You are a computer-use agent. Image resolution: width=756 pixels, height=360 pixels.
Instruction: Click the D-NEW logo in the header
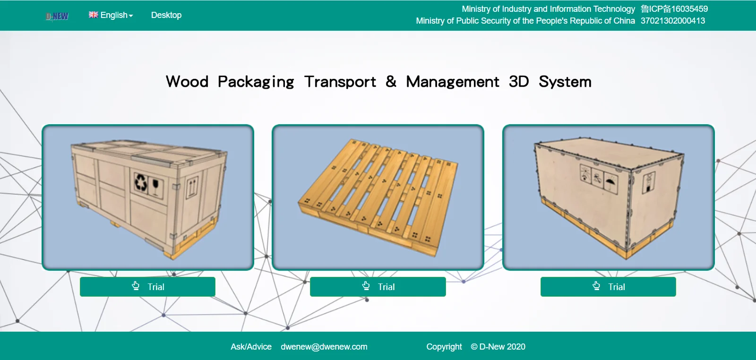pos(57,16)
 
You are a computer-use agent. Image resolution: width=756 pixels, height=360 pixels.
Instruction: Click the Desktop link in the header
pos(166,15)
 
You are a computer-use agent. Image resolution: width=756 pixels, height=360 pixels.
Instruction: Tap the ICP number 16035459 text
pos(674,9)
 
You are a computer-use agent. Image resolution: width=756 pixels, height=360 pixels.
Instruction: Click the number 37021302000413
pos(672,21)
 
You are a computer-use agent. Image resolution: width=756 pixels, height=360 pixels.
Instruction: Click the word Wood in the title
pos(187,82)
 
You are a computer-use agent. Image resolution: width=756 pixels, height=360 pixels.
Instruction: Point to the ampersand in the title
pos(391,81)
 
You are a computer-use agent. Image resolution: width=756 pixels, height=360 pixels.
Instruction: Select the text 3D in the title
pos(518,82)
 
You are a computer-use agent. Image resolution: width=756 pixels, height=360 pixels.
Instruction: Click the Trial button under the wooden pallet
pos(378,287)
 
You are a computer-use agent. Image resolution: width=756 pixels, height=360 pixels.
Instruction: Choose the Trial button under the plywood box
pos(608,287)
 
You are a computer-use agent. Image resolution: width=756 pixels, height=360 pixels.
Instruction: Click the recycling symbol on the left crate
pos(141,182)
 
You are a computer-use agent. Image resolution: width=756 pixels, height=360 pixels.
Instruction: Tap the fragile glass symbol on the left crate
pos(155,186)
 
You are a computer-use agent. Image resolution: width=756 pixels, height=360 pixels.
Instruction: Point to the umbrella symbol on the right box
pos(611,181)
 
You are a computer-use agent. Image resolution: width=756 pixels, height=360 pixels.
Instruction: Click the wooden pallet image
pos(378,197)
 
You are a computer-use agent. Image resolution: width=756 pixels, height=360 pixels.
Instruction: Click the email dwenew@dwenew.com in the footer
pos(324,347)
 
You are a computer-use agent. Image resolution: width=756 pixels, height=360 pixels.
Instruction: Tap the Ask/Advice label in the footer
pos(251,347)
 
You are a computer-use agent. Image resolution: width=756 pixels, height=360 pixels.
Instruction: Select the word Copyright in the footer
pos(444,347)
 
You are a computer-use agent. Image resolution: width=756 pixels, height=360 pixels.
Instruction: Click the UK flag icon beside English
pos(94,15)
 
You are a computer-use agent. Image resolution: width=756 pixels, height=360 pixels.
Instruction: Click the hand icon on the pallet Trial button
pos(366,286)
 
